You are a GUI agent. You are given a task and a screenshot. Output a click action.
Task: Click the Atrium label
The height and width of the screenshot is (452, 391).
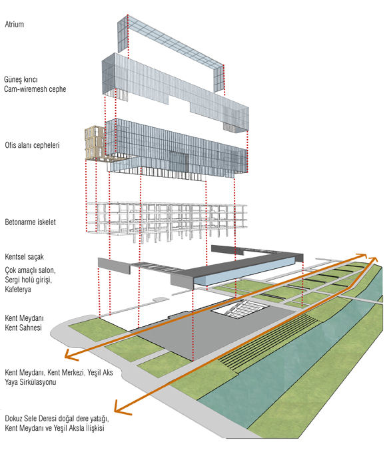[x=14, y=24]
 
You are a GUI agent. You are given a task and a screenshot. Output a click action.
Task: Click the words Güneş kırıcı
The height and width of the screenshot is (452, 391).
[x=21, y=79]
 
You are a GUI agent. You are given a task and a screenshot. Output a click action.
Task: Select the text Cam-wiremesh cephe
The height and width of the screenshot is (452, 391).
[x=35, y=89]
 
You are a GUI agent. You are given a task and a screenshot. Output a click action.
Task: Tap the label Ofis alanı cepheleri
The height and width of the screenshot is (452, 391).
[x=32, y=144]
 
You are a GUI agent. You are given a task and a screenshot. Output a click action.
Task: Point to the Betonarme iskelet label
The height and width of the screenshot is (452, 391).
[x=30, y=222]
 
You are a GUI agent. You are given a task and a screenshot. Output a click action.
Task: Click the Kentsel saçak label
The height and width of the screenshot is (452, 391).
[x=24, y=256]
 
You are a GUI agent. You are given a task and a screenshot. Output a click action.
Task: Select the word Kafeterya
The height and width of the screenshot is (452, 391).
[x=18, y=290]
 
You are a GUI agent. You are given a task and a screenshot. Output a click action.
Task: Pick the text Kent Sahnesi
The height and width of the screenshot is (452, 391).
[x=23, y=328]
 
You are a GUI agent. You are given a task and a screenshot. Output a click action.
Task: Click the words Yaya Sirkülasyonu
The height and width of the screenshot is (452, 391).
[x=30, y=382]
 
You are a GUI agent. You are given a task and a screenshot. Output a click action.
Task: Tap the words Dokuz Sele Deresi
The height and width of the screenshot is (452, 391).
[x=31, y=418]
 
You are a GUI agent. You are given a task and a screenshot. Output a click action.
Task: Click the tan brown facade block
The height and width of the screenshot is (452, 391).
[x=95, y=142]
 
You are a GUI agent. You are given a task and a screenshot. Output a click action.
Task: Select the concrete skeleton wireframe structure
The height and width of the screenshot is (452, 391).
[x=167, y=220]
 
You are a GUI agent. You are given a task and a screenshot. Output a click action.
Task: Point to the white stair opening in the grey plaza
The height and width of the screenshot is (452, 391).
[x=240, y=309]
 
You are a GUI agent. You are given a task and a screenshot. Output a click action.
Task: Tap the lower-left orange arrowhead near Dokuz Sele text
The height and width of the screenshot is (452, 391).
[x=121, y=407]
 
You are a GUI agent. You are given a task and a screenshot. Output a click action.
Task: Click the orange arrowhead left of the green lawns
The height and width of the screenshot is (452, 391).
[x=71, y=355]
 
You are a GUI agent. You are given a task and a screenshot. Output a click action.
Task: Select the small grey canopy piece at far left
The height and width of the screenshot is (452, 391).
[x=114, y=266]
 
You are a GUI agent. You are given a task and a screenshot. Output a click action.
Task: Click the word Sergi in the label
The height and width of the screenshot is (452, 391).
[x=12, y=280]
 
